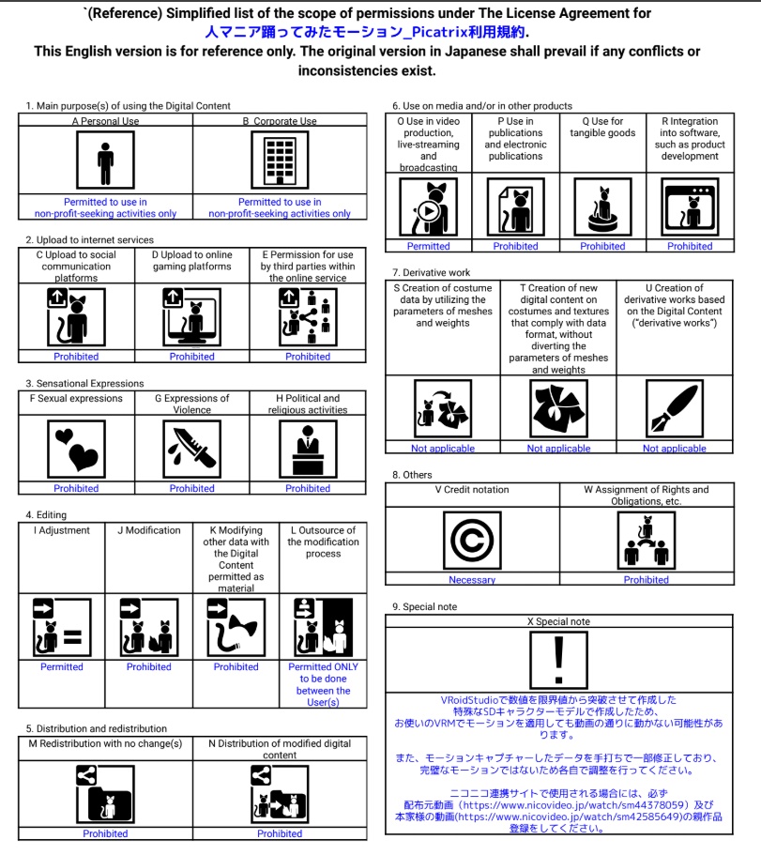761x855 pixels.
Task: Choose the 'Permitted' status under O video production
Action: tap(429, 247)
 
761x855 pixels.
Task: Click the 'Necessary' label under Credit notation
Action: tap(472, 580)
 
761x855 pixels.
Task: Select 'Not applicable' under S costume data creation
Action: tap(443, 449)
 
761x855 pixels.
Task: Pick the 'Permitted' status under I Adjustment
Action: tap(62, 667)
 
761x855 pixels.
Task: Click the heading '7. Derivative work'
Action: tap(431, 272)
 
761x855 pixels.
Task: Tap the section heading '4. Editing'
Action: tap(46, 515)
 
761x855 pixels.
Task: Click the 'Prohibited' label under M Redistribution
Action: tap(105, 833)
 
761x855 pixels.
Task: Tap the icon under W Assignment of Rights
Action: tap(647, 542)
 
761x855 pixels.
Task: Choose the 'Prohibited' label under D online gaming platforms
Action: tap(192, 357)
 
